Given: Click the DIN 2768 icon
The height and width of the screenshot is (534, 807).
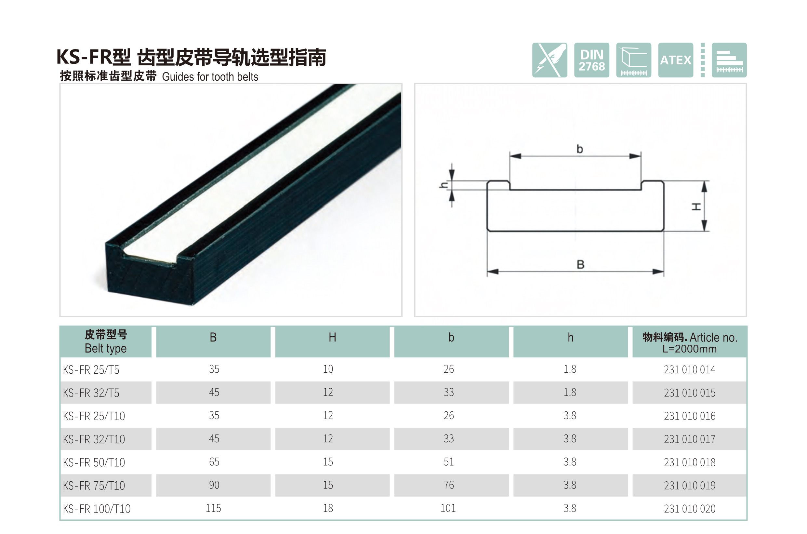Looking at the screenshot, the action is tap(591, 60).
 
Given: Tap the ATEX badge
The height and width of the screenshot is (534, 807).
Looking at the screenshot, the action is tap(676, 60).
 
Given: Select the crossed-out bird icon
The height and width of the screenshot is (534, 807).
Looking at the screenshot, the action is tap(549, 60).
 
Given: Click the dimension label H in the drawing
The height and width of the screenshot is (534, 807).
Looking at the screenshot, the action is tap(696, 207).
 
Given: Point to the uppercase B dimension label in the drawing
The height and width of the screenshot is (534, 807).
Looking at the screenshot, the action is tap(581, 265).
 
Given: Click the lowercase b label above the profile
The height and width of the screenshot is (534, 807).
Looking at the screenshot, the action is tap(579, 149).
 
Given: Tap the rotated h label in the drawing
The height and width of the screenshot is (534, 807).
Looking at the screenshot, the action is tap(443, 185).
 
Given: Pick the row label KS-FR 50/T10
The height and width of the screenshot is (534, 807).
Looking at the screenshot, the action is tap(94, 462).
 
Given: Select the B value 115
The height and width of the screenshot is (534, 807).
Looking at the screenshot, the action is tap(214, 508).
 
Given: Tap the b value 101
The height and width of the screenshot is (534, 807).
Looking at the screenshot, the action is tap(448, 508).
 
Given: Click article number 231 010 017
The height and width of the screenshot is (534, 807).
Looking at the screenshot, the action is tap(690, 439).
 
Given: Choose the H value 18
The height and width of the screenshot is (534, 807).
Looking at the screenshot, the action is tap(328, 508).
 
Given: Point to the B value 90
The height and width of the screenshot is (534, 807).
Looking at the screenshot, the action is tap(214, 485).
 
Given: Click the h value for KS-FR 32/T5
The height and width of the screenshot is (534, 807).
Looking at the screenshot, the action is tap(570, 392).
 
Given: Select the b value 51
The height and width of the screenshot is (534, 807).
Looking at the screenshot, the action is tap(448, 462).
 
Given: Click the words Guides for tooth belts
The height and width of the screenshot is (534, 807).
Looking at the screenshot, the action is tap(210, 77).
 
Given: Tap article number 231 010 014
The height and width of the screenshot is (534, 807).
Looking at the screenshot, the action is tap(690, 370).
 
